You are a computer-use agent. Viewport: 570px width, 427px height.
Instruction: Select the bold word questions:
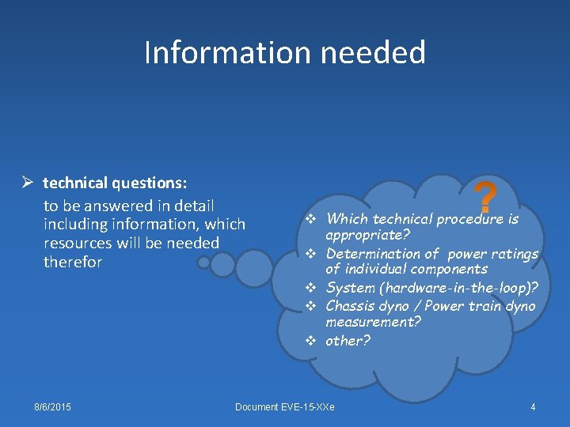pos(150,183)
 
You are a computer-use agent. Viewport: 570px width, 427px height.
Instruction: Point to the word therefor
pos(73,263)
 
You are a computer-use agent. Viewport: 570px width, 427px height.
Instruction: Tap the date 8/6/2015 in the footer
pos(52,406)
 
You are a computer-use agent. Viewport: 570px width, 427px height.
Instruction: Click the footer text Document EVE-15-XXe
pos(285,406)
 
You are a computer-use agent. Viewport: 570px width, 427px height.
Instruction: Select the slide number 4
pos(533,406)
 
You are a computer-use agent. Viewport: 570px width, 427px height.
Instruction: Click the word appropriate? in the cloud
pos(367,236)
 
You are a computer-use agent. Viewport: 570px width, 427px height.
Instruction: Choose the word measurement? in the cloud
pos(373,323)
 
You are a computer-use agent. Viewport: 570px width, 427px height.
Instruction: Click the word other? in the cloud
pos(348,341)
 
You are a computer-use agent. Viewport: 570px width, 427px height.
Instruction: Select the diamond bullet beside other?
pos(311,341)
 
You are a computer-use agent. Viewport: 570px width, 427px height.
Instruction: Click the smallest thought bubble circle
pos(204,262)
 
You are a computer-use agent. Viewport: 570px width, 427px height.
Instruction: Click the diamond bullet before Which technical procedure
pos(311,219)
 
